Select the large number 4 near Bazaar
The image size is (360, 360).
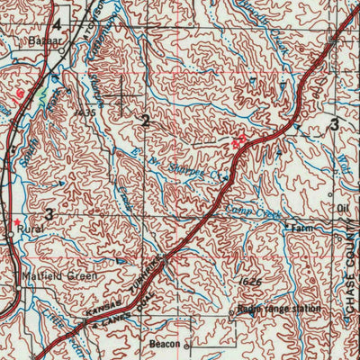coord(58,24)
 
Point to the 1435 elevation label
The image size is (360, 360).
coord(87,113)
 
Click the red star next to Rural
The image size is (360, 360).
coord(15,220)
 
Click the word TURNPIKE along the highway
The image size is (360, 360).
coord(154,266)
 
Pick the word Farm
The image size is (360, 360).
coord(301,229)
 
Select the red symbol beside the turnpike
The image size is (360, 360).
coord(238,141)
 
